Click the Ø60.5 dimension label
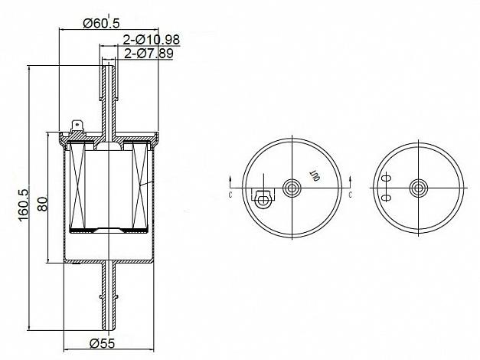point(101,23)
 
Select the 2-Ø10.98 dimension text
point(152,40)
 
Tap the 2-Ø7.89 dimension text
point(149,53)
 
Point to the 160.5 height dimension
point(24,205)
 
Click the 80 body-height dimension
point(43,204)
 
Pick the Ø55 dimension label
point(103,343)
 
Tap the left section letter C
point(230,195)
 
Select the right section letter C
point(351,195)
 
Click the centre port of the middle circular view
point(292,188)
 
